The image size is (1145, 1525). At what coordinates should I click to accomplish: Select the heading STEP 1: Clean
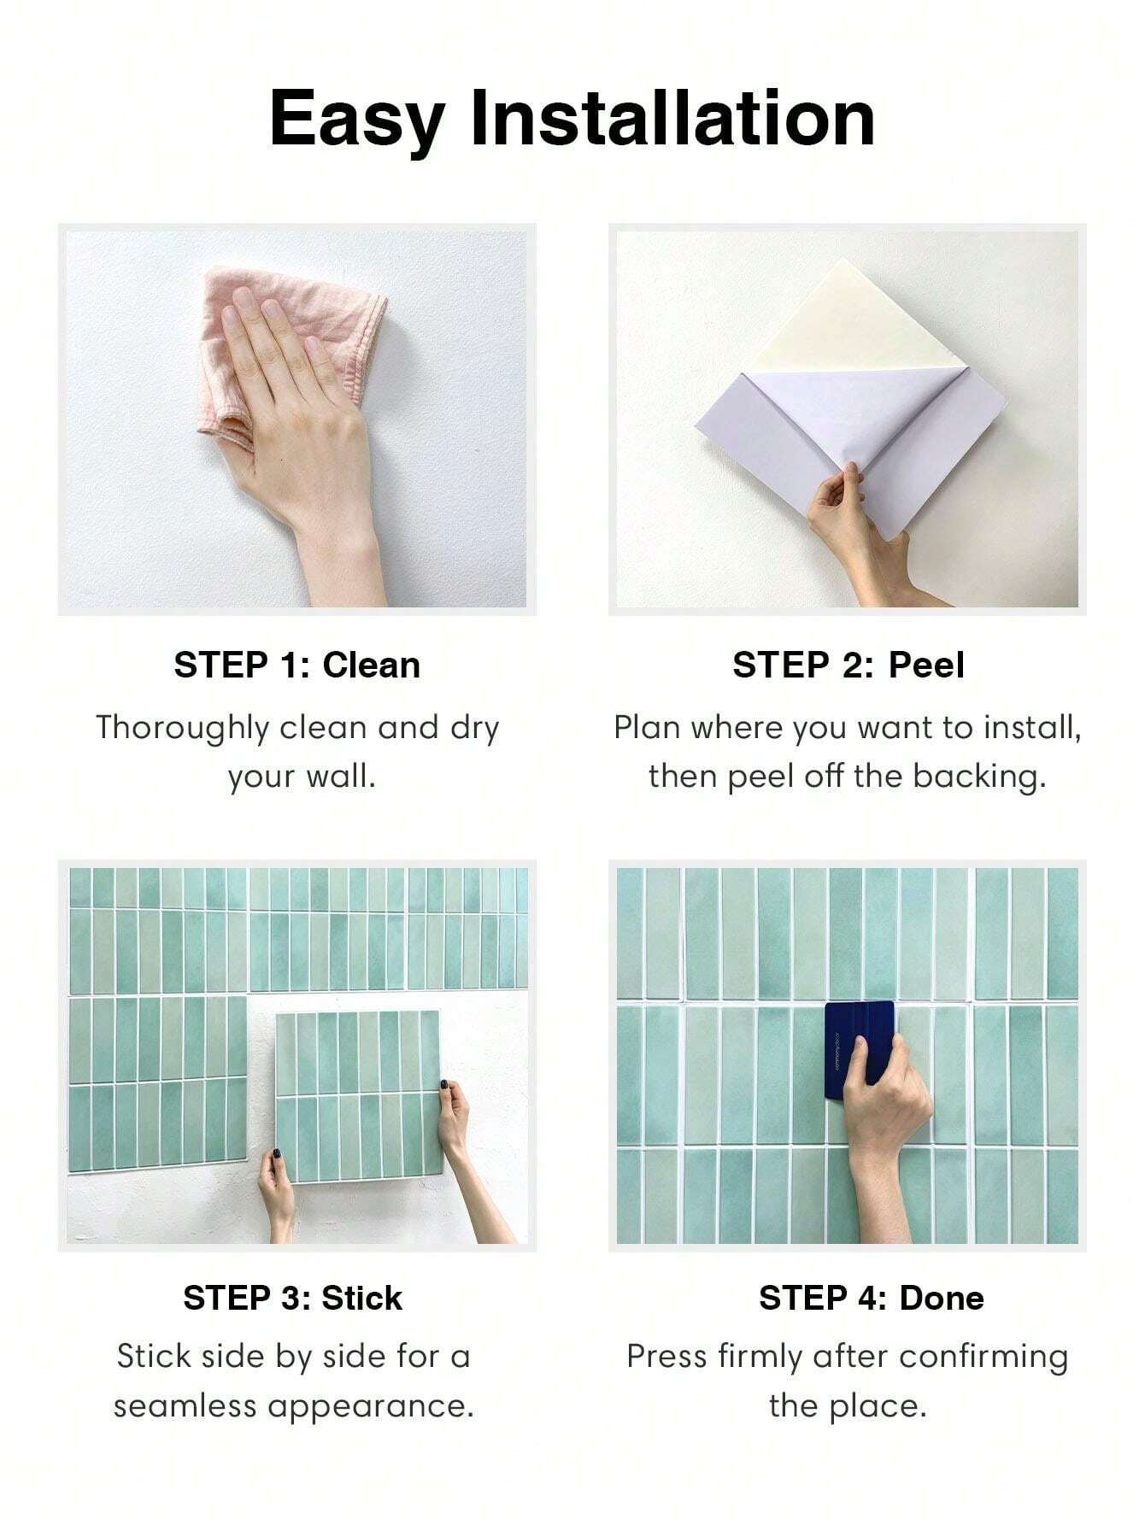[x=297, y=666]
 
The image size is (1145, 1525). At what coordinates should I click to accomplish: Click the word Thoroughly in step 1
[x=182, y=729]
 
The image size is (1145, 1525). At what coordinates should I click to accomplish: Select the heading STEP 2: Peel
[x=848, y=666]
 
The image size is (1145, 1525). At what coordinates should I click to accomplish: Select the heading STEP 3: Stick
[x=292, y=1298]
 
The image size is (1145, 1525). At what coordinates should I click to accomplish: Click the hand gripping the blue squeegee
[x=889, y=1111]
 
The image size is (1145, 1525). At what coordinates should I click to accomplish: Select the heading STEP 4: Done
[x=871, y=1298]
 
